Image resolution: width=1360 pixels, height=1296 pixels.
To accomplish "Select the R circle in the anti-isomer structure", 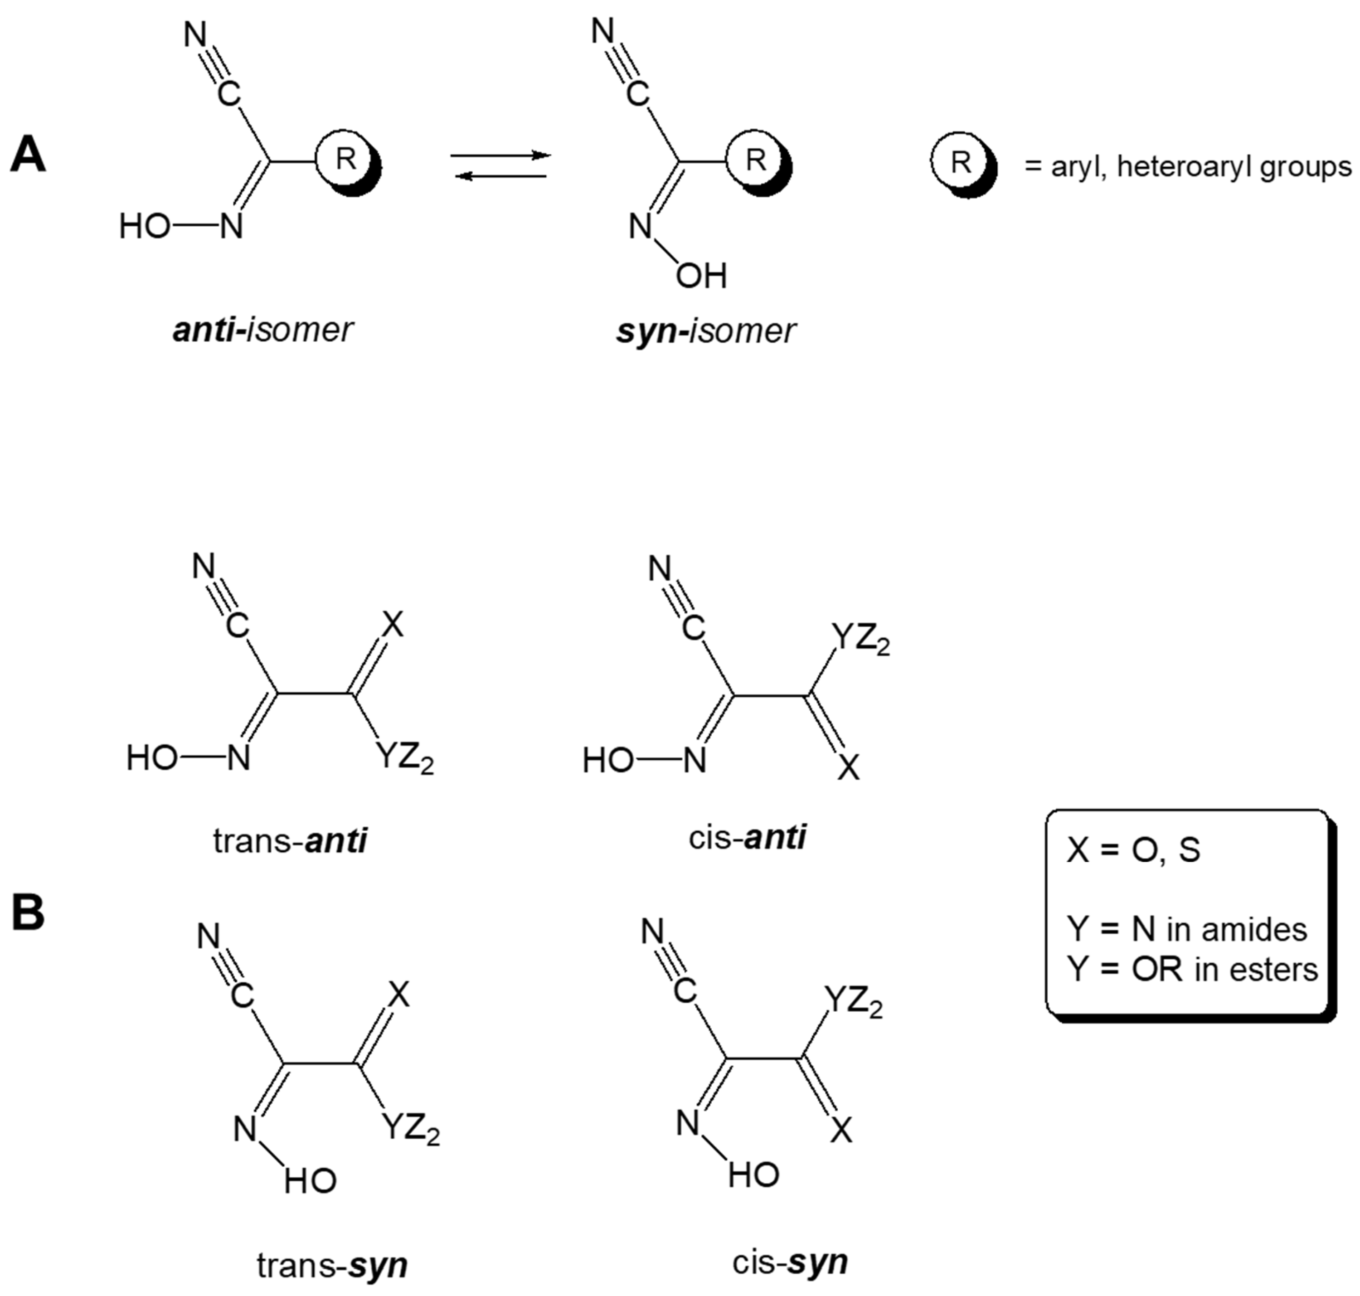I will point(345,160).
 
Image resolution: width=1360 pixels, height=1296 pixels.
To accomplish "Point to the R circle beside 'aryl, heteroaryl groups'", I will point(960,163).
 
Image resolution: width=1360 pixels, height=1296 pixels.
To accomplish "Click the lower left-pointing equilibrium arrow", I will point(501,176).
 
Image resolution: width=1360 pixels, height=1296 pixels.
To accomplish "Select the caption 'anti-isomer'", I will point(262,330).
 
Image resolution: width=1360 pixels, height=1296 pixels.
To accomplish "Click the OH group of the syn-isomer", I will point(701,277).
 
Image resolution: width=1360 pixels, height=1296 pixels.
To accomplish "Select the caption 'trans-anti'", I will point(290,841).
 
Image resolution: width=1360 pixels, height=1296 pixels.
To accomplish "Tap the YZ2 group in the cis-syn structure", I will point(854,1001).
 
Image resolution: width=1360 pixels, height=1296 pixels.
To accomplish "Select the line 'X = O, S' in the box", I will point(1133,850).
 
